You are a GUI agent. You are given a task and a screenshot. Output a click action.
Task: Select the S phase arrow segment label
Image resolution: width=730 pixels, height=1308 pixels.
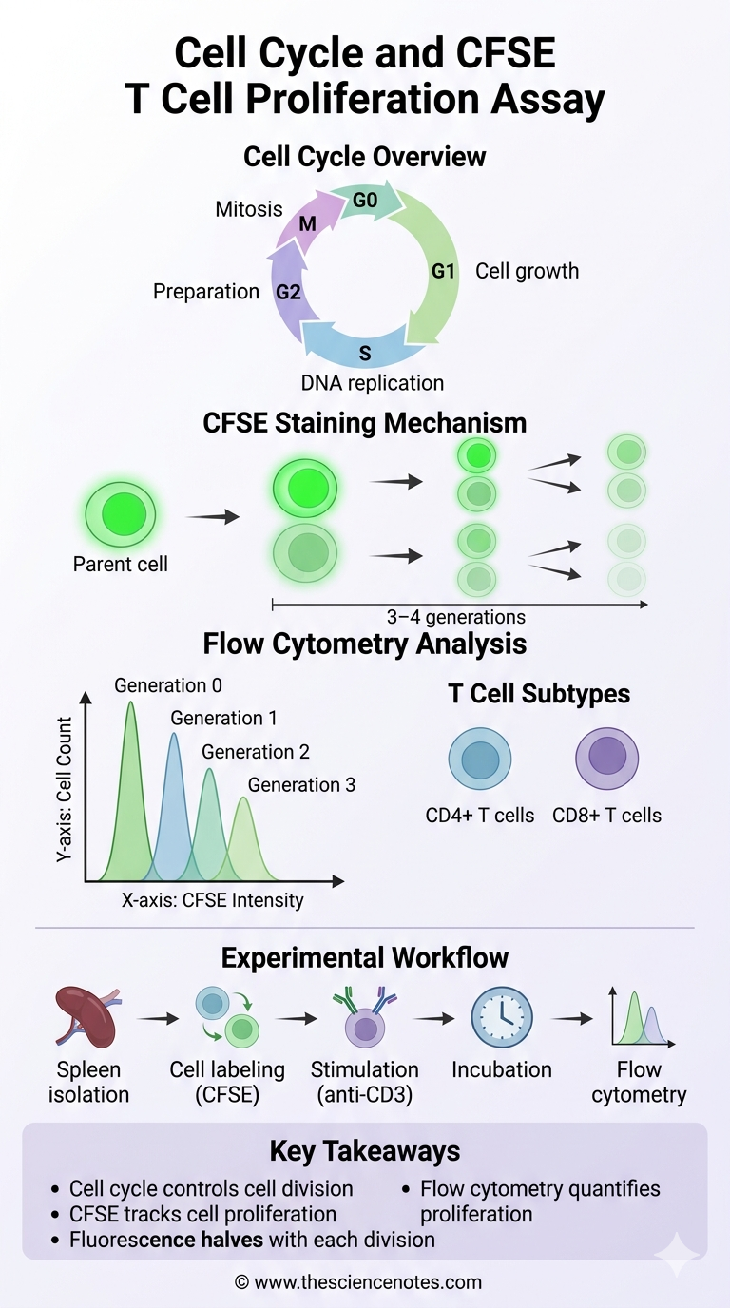pos(365,354)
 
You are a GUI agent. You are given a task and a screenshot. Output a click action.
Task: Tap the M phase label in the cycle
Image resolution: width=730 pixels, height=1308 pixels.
pos(307,224)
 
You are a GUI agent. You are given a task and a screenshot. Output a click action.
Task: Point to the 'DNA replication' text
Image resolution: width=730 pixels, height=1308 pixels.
pos(372,383)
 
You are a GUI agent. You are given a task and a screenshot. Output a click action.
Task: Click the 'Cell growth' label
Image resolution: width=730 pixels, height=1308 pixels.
pos(527,271)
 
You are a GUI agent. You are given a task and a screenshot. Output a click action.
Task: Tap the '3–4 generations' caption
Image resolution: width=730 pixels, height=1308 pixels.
pos(455,617)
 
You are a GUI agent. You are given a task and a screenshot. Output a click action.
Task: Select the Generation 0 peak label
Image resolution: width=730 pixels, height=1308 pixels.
pos(168,685)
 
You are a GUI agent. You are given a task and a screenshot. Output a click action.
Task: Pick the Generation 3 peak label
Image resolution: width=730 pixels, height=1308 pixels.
pos(301,785)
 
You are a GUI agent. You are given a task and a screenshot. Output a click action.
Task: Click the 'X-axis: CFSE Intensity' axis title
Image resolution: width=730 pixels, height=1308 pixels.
pos(212,900)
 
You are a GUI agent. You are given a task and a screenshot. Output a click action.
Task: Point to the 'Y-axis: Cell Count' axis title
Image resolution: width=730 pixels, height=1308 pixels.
pos(64,790)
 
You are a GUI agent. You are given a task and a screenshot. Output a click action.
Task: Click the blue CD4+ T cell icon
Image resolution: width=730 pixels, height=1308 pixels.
pos(479,760)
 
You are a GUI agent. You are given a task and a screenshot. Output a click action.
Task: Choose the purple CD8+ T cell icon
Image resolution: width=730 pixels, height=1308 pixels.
pos(606,759)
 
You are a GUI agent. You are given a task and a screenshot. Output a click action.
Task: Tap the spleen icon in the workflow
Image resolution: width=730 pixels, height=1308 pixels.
pos(86,1018)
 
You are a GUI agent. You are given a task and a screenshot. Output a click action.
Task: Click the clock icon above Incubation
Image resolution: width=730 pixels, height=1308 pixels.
pos(502,1017)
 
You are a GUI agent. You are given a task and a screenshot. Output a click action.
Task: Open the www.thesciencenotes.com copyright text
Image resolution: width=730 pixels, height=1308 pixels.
pos(358,1282)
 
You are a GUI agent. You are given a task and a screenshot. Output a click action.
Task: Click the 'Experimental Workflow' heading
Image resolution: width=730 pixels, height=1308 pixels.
pos(365,956)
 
